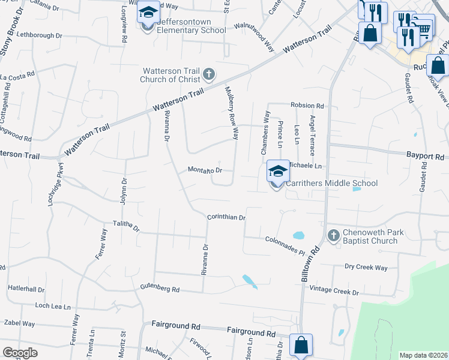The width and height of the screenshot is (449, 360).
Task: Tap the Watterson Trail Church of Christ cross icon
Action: (x=209, y=75)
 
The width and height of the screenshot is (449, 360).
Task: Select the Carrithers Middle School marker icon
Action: (x=277, y=172)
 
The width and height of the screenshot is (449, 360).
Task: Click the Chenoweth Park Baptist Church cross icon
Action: (x=334, y=235)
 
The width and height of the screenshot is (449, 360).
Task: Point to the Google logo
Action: (x=20, y=353)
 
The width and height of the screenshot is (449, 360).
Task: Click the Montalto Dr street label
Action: (x=205, y=170)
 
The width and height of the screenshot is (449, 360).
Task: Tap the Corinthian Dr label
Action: (x=226, y=217)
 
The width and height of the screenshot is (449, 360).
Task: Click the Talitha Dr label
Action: (x=126, y=227)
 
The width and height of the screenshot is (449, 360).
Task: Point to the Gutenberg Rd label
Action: (x=160, y=289)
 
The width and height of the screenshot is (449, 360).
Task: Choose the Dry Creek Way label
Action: (x=366, y=268)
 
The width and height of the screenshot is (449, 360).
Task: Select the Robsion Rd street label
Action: (x=307, y=106)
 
